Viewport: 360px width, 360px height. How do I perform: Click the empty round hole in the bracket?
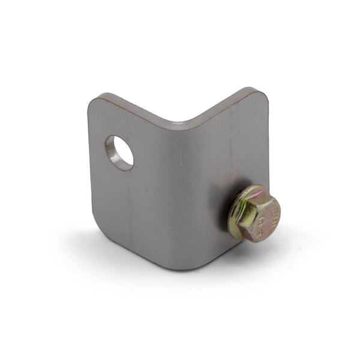119,152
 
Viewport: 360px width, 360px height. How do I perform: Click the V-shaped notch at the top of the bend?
178,126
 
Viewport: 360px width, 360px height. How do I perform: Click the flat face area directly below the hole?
123,198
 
